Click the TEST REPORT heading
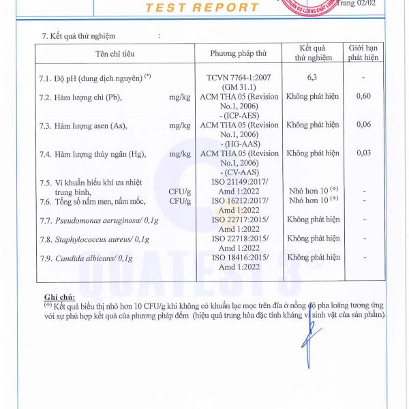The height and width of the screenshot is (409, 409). coord(202,7)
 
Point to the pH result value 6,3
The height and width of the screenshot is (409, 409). coord(313,78)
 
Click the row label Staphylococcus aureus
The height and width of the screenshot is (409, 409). coord(95,239)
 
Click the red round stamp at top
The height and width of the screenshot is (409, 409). coord(314,8)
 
